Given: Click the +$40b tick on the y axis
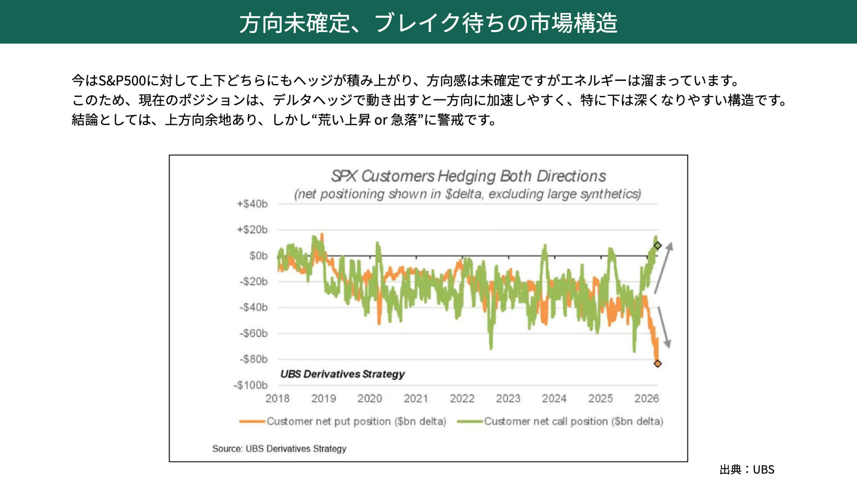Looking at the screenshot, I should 252,204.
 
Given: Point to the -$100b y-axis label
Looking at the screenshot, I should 250,385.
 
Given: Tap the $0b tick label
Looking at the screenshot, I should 258,256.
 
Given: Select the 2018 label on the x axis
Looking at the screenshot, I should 277,399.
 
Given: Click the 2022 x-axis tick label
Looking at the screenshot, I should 462,399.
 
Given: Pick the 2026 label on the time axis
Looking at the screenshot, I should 646,399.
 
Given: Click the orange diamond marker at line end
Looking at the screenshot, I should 657,364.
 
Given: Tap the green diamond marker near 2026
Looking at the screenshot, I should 657,245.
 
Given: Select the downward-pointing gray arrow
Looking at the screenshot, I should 664,327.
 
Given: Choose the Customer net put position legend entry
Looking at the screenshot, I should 343,421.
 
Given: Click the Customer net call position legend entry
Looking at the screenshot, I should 560,421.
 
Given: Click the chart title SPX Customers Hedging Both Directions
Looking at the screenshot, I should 468,176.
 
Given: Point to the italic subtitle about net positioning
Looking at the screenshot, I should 467,194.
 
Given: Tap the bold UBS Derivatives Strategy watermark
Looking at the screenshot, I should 342,374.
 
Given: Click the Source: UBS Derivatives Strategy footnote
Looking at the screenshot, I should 279,449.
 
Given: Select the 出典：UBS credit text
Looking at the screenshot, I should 747,470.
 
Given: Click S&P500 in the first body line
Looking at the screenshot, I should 122,81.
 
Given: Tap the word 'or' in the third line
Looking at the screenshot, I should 380,120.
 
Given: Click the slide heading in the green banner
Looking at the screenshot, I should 428,23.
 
